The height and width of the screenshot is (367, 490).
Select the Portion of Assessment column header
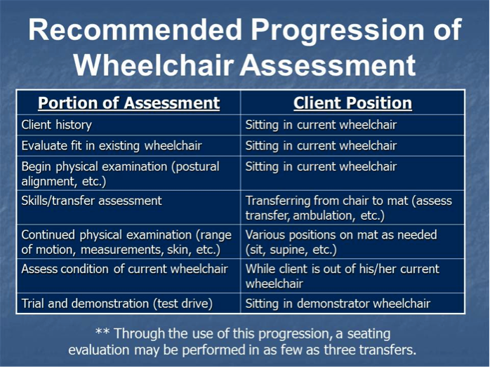[128, 103]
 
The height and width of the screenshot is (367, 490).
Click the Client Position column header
[352, 103]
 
